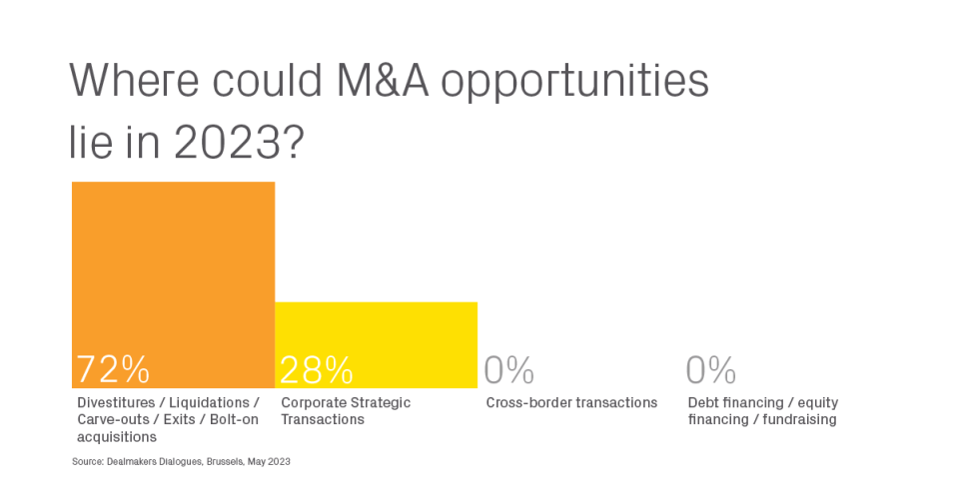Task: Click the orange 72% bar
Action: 174,284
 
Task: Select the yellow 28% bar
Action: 377,345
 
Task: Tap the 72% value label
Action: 113,369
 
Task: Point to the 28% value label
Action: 317,369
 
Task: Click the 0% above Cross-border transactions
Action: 508,369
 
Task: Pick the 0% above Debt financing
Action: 710,369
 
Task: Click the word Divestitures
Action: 116,403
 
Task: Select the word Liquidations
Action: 209,403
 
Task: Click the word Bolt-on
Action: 234,420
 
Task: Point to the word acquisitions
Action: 117,437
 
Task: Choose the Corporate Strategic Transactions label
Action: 346,411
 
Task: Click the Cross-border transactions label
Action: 571,403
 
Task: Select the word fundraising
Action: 800,420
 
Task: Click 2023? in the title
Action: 239,143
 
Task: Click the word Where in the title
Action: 135,80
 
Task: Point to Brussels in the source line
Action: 225,461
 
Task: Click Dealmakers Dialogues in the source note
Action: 154,461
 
